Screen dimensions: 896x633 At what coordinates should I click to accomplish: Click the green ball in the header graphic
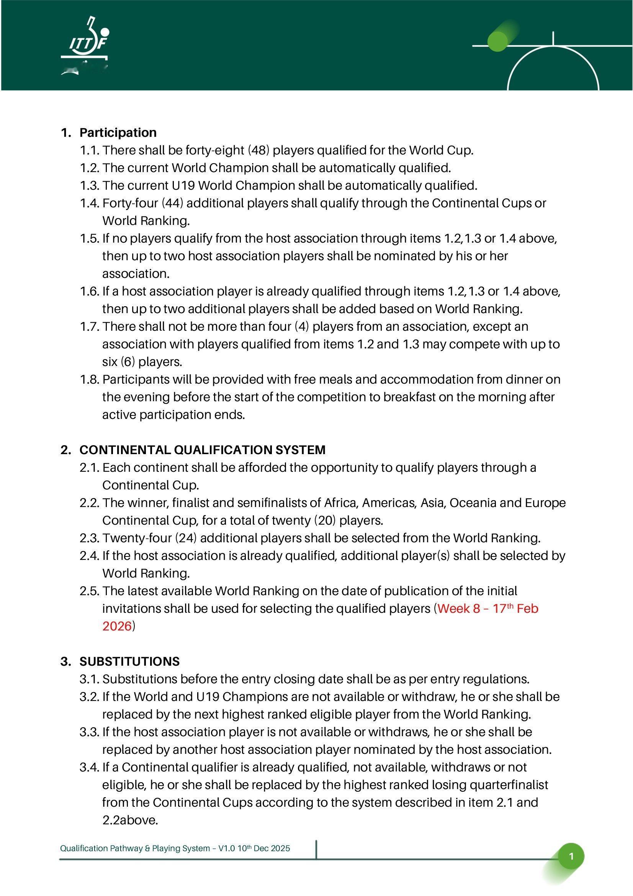[497, 41]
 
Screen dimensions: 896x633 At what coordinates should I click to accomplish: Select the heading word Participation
[118, 133]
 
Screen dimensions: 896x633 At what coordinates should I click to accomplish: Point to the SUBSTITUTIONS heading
[129, 661]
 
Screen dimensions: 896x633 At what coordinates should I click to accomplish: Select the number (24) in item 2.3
[186, 538]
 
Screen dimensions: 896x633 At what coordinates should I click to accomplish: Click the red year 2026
[117, 626]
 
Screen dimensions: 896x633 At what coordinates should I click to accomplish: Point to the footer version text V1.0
[226, 848]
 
